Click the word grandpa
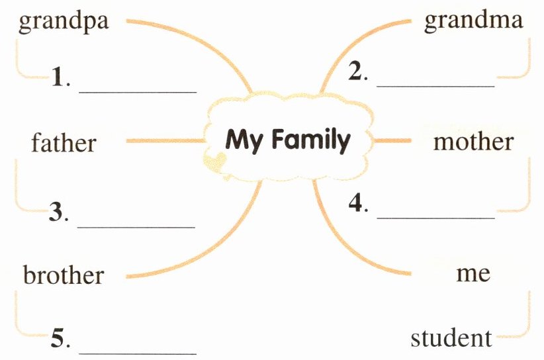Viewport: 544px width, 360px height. [64, 21]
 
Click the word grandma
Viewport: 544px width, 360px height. [473, 20]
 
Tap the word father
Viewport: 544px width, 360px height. [64, 142]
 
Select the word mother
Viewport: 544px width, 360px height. [473, 141]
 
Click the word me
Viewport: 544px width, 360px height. [473, 273]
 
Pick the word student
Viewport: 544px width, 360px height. [451, 338]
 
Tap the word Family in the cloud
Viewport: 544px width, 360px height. [310, 140]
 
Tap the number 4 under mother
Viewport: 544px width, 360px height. [355, 203]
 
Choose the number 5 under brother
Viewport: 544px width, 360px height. [58, 340]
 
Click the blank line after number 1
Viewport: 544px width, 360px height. [138, 91]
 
